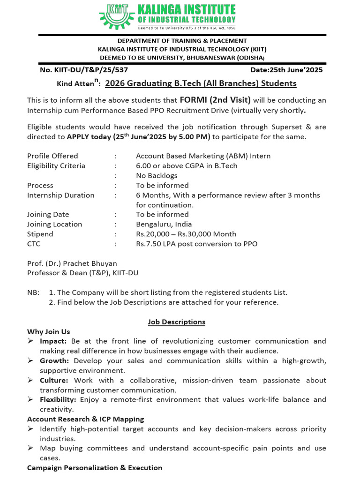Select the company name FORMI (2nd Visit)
215,100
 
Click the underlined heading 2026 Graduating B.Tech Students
201,83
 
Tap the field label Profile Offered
52,156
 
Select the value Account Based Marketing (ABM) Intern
203,156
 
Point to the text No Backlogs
157,175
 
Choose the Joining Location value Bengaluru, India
164,224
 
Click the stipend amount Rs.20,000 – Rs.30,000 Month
186,234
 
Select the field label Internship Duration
60,195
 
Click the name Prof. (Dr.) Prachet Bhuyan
72,263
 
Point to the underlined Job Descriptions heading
176,322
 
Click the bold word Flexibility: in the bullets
59,399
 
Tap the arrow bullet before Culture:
30,380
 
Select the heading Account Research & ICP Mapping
85,419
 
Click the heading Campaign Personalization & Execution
94,468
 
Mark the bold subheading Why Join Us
48,331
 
